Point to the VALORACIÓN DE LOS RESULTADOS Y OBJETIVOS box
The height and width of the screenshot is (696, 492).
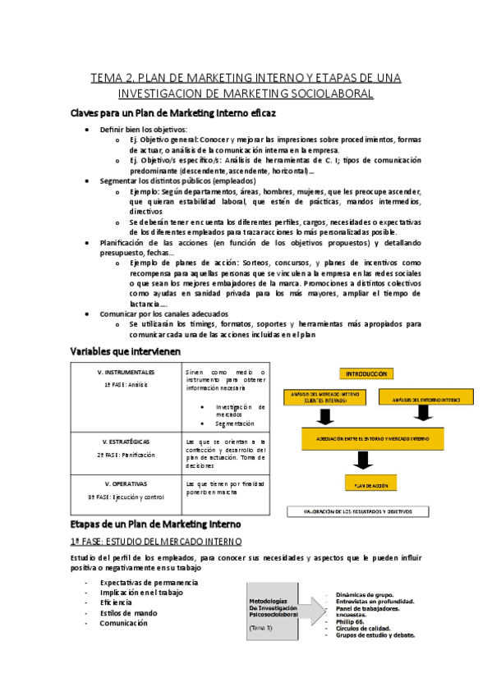(358, 511)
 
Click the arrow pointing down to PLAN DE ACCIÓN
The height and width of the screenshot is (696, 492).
(364, 464)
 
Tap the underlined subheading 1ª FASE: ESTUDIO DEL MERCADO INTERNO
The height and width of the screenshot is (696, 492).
(155, 541)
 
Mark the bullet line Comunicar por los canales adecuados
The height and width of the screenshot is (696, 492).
(164, 314)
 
